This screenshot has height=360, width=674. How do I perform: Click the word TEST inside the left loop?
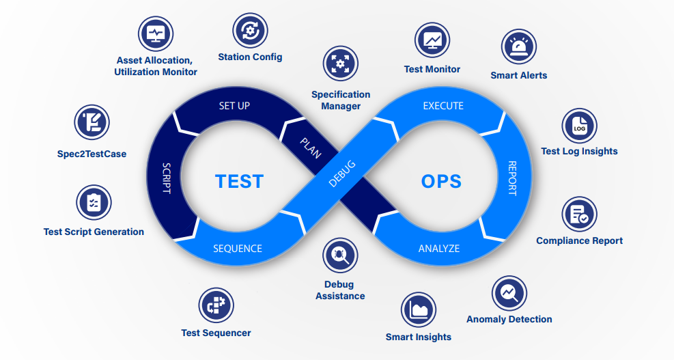pos(239,181)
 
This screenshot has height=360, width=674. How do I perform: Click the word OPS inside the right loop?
pos(441,181)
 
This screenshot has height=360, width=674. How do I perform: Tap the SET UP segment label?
pos(234,106)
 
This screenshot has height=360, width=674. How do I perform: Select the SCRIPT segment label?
pos(167,178)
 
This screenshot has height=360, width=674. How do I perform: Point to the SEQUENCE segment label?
pos(237,249)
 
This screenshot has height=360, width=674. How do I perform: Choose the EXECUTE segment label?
pos(443,106)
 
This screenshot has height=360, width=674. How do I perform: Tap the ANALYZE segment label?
pos(439,249)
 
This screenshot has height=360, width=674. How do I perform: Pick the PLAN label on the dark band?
pos(310,146)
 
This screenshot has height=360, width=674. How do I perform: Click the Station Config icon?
pos(250,30)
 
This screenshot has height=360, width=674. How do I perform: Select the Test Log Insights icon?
pos(579,126)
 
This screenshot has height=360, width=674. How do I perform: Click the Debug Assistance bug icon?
pos(340,255)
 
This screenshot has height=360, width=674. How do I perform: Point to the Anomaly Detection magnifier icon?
pos(509,293)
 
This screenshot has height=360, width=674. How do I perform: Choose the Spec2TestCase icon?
pos(92,123)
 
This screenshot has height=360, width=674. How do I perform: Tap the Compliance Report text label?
pos(579,240)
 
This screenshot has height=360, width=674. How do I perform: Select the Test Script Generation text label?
pos(94,232)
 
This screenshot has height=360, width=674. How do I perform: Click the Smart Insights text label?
pos(418,337)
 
